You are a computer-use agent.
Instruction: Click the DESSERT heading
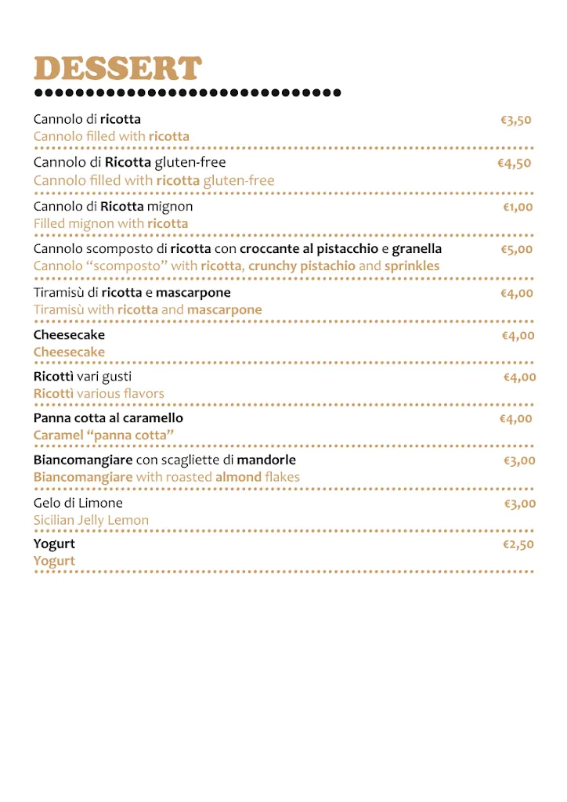coord(117,69)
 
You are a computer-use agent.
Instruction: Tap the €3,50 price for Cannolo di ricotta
coord(516,121)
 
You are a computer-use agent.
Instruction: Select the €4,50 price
coord(515,164)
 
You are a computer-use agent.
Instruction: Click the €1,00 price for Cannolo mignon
coord(518,208)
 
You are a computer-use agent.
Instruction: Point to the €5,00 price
coord(517,250)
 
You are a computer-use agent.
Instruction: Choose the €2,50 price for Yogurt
coord(518,544)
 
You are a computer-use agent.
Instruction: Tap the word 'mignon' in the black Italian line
coord(170,207)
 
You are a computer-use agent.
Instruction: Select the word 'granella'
coord(417,249)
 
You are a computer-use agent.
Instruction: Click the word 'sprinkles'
coord(412,266)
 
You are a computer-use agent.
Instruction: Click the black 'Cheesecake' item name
coord(69,335)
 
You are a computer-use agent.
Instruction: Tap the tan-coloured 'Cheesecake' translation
coord(69,352)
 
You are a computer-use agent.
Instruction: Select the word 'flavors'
coord(144,393)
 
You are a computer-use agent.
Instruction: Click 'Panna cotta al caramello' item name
coord(108,418)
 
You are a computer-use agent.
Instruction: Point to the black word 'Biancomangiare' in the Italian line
coord(82,460)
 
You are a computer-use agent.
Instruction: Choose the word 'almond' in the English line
coord(238,477)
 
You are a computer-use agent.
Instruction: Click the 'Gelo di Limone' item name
coord(78,503)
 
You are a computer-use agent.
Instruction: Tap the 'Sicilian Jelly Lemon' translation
coord(91,520)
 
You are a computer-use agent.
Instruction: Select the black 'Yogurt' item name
coord(54,544)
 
